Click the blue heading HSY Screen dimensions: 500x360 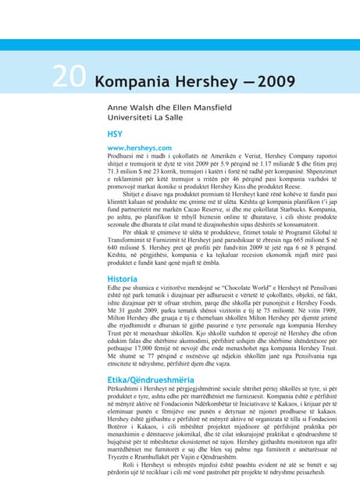pyautogui.click(x=116, y=134)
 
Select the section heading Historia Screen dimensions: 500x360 pyautogui.click(x=123, y=279)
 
